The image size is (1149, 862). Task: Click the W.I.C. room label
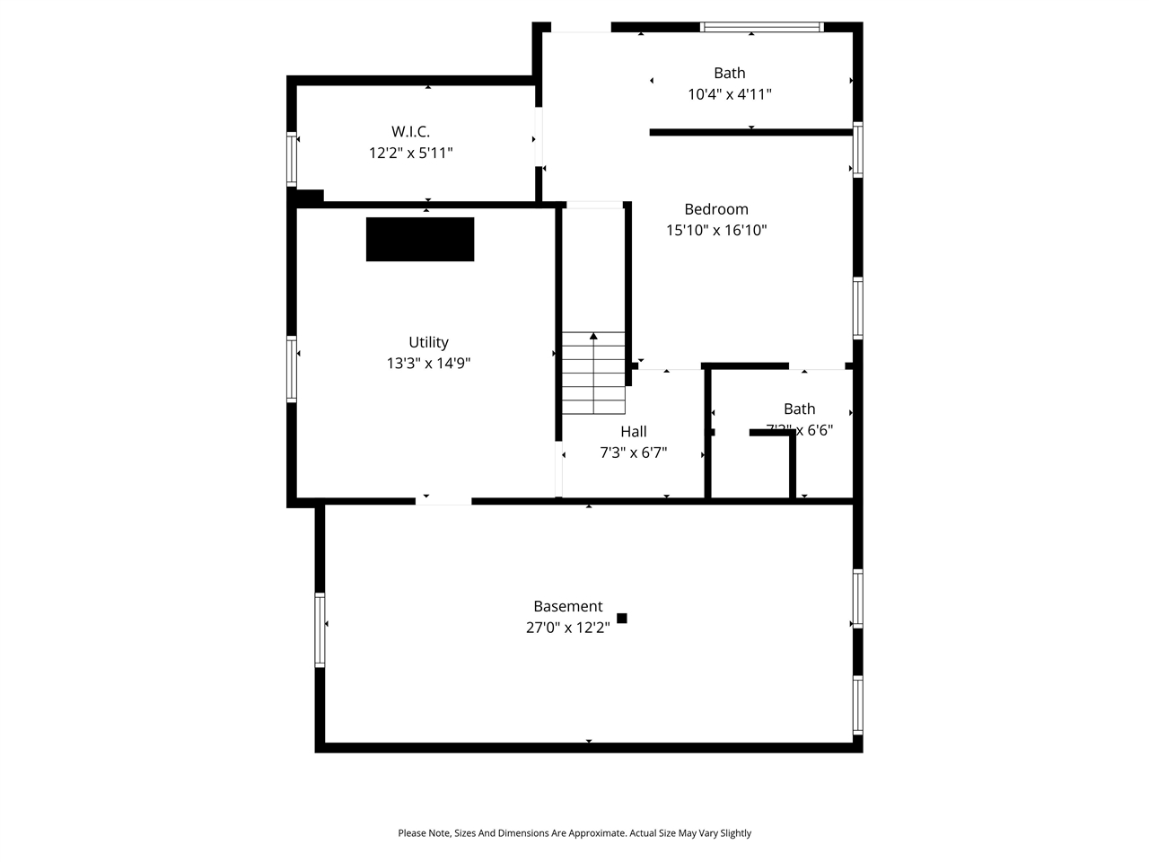coord(410,131)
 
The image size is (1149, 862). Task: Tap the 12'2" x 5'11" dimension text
coord(410,153)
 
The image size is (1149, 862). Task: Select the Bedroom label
coord(715,209)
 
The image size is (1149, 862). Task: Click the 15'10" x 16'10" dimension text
coord(715,230)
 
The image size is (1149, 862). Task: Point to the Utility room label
coord(428,342)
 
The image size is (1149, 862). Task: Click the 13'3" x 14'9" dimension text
coord(428,363)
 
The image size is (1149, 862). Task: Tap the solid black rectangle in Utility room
coord(419,239)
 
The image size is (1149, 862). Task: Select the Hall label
coord(633,431)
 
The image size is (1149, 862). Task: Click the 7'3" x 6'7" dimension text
coord(633,453)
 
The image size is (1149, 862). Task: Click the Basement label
coord(567,606)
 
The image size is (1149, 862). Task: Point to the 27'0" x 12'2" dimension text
coord(567,628)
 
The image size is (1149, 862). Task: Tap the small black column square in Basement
coord(621,618)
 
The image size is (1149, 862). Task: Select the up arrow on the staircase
coord(593,337)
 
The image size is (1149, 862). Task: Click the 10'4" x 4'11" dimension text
coord(729,94)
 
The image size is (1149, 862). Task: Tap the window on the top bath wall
coord(761,27)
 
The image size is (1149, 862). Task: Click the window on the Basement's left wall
coord(320,629)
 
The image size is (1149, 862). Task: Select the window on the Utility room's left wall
coord(292,368)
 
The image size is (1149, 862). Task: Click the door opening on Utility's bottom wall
coord(443,499)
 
